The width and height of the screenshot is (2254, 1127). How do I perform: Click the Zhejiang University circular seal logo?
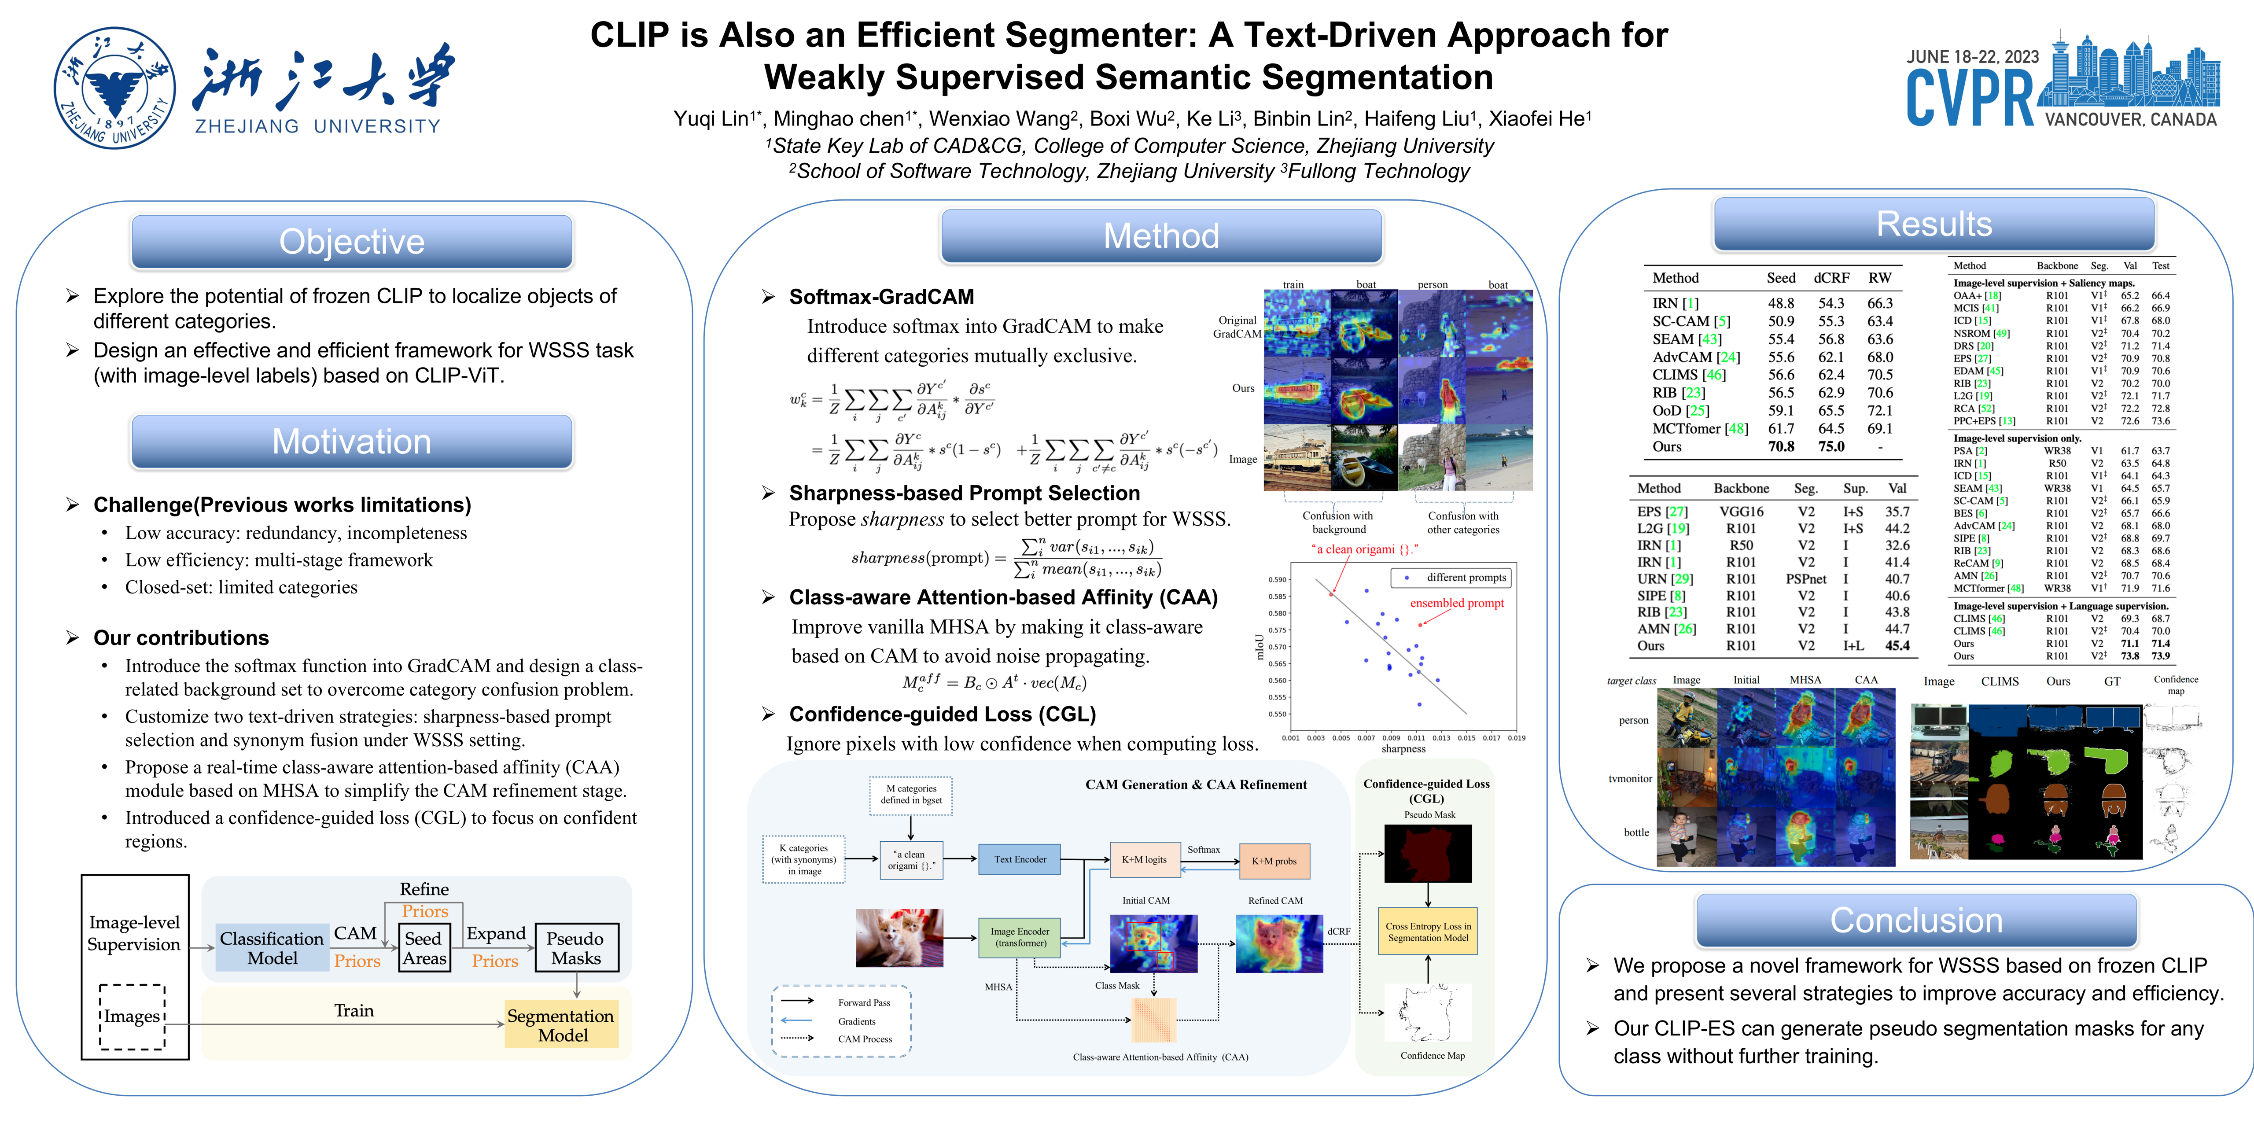pos(114,88)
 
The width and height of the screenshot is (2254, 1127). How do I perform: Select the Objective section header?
pos(352,242)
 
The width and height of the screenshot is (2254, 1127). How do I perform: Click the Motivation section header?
pos(352,442)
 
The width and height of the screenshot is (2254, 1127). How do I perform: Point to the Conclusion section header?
pos(1916,921)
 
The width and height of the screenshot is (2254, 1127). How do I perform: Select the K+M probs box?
pos(1274,861)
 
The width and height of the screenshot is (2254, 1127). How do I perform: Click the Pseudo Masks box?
pos(576,948)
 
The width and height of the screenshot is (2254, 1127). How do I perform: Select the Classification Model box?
pos(272,948)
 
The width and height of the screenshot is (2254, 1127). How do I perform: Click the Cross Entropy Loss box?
pos(1428,932)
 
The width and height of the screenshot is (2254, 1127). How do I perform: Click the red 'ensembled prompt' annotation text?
pos(1457,603)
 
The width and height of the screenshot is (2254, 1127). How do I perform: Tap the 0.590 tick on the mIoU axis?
pos(1278,579)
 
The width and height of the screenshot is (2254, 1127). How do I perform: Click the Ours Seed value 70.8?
pos(1781,446)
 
